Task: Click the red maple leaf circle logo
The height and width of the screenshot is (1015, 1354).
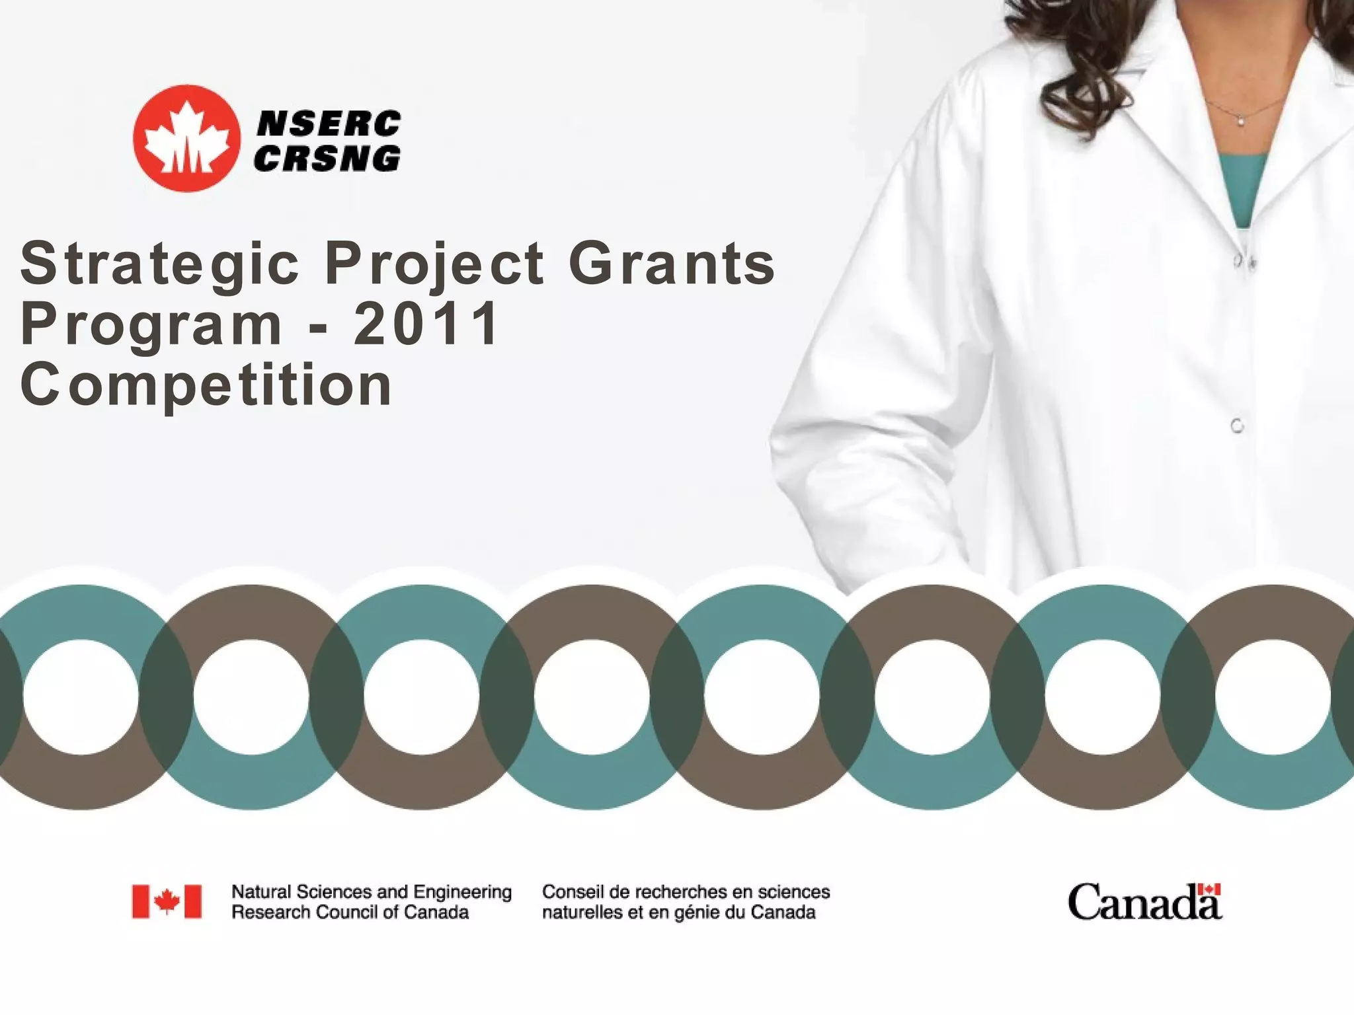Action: [x=186, y=139]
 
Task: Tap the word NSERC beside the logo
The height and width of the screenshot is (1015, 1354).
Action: [x=328, y=124]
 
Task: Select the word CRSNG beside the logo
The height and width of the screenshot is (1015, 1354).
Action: [x=327, y=159]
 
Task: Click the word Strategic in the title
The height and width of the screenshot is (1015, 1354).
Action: [x=160, y=264]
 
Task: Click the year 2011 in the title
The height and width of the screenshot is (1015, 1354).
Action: [x=426, y=324]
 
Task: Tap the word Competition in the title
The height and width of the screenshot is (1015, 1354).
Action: [x=206, y=385]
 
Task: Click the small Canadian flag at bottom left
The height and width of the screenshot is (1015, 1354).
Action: [x=167, y=901]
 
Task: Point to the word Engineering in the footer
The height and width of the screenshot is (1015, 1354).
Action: [x=462, y=892]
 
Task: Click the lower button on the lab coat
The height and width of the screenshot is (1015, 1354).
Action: [x=1237, y=426]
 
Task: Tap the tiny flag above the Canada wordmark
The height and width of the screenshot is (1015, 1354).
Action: [x=1210, y=890]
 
